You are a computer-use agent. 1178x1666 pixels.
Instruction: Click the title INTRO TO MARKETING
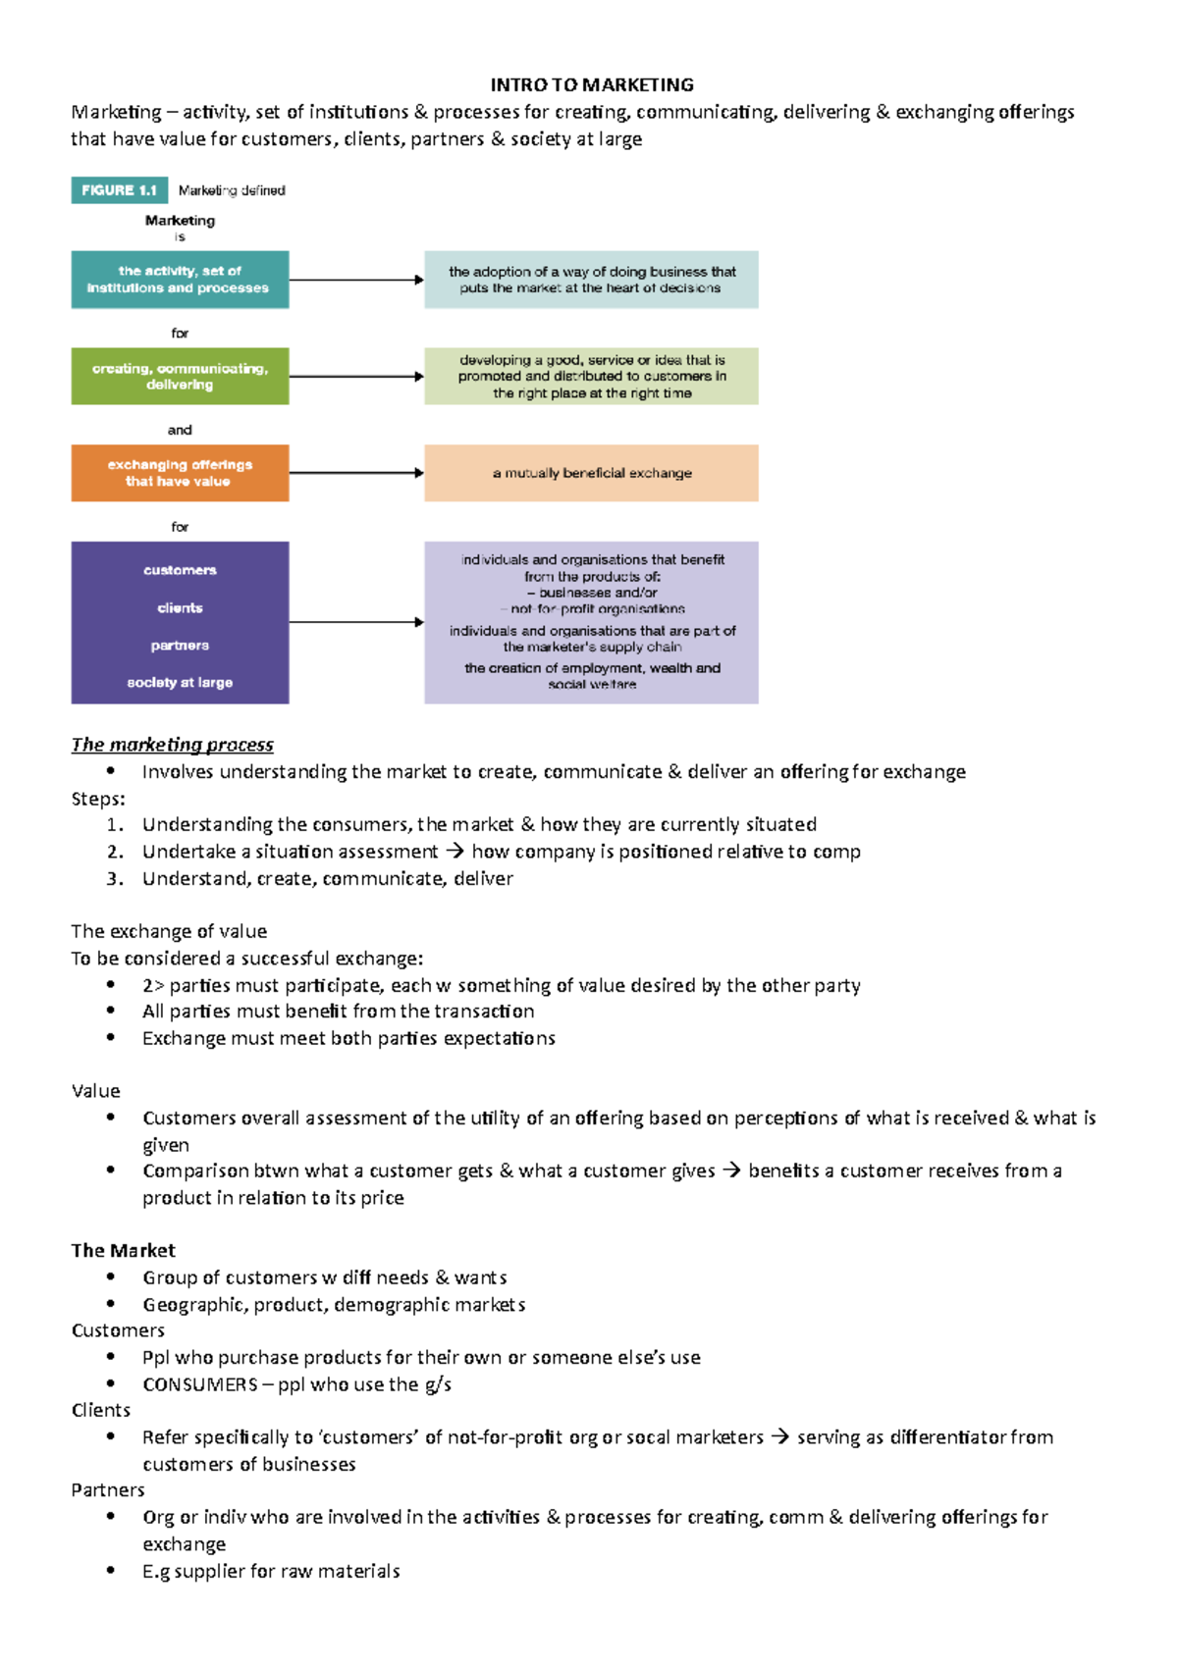tap(592, 85)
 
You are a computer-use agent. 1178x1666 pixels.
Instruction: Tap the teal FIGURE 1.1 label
tap(119, 190)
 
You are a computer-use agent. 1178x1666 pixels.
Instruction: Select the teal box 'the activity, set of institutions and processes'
tap(180, 280)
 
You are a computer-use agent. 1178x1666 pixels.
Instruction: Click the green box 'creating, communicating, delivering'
tap(180, 376)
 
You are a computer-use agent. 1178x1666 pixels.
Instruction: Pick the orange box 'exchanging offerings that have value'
tap(180, 473)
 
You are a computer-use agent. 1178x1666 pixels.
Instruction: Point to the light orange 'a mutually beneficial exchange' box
tap(591, 473)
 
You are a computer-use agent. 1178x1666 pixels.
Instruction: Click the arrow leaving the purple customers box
tap(356, 622)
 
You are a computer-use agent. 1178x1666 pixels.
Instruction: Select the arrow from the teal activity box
tap(356, 280)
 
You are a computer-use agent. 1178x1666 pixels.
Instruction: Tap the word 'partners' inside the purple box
tap(180, 646)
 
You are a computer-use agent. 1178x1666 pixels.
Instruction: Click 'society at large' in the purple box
tap(180, 683)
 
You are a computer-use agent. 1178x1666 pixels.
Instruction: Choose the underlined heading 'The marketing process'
tap(172, 745)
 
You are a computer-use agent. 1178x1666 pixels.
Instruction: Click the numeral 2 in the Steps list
tap(115, 852)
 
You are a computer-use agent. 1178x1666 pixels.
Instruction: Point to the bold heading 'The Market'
tap(123, 1251)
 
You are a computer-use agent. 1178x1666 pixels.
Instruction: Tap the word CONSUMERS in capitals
tap(200, 1384)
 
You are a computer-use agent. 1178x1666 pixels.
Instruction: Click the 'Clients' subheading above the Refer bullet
tap(100, 1411)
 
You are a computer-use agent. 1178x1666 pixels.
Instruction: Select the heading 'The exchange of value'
tap(169, 931)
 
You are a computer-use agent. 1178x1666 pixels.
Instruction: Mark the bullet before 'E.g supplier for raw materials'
tap(111, 1571)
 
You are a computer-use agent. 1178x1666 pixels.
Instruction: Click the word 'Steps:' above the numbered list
tap(98, 799)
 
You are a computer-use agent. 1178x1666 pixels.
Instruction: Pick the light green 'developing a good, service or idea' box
tap(591, 376)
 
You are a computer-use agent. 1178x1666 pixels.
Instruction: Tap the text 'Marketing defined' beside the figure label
tap(232, 190)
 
